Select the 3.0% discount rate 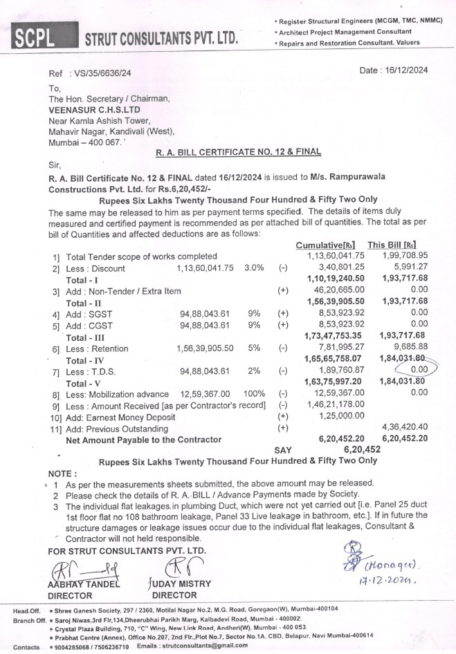pyautogui.click(x=254, y=268)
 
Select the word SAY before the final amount pyautogui.click(x=284, y=449)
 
